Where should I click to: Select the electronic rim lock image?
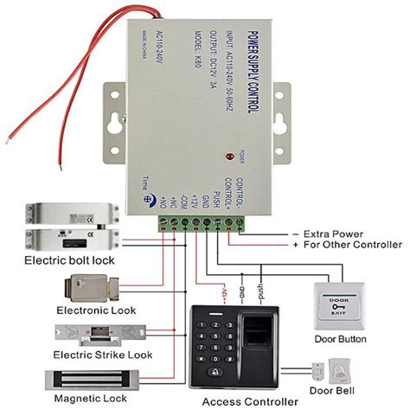point(89,286)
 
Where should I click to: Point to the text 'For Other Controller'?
point(343,247)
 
